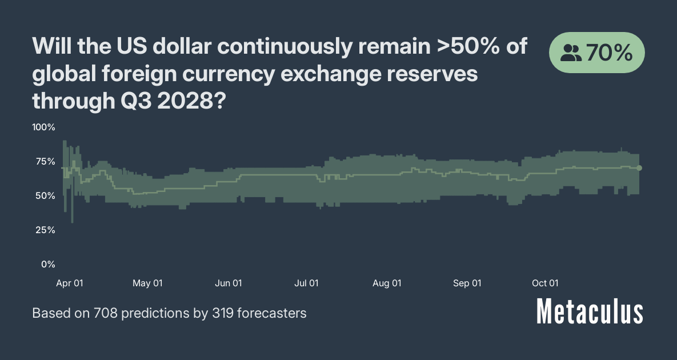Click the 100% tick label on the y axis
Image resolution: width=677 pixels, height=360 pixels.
click(x=43, y=127)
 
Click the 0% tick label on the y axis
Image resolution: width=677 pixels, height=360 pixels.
click(x=48, y=264)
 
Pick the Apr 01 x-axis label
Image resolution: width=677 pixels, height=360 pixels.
click(x=70, y=283)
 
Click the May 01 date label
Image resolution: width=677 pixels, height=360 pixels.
click(x=147, y=283)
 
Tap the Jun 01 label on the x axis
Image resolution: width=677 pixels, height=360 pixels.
click(x=229, y=283)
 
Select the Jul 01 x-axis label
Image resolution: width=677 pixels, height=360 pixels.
click(x=306, y=283)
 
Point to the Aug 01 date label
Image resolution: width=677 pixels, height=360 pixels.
click(x=387, y=283)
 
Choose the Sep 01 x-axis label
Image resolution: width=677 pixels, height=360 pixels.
click(x=467, y=283)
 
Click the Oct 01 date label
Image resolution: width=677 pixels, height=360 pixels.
click(x=545, y=283)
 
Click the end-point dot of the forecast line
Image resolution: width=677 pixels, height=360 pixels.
click(x=639, y=168)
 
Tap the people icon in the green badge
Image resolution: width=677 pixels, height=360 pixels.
click(x=571, y=54)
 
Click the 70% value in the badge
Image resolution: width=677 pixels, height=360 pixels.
click(x=609, y=53)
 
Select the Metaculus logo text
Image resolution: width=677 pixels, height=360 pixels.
click(x=590, y=312)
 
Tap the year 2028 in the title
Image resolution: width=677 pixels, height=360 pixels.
click(x=187, y=101)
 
